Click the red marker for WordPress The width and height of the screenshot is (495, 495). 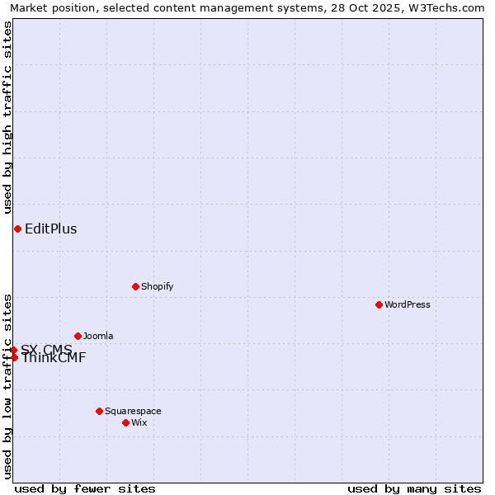click(379, 304)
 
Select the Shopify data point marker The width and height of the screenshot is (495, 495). click(135, 286)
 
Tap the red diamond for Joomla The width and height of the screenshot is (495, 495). click(78, 336)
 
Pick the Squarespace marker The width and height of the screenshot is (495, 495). click(99, 411)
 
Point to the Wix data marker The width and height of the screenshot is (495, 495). click(125, 422)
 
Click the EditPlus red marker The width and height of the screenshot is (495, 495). click(17, 229)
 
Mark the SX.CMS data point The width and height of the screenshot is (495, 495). click(13, 350)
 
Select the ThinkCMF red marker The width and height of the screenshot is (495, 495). click(14, 357)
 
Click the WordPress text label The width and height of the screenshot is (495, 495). click(408, 304)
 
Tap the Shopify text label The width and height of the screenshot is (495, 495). click(158, 286)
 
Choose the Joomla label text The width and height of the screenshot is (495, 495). click(98, 336)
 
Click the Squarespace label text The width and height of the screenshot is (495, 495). click(133, 411)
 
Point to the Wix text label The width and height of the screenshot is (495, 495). click(139, 422)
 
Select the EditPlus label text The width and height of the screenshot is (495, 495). click(51, 229)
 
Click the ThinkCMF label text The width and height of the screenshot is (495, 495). click(54, 358)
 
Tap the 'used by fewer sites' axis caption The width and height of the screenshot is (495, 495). click(85, 488)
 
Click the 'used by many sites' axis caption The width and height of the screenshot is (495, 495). click(414, 488)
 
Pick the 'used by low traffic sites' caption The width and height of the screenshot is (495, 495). click(7, 386)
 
